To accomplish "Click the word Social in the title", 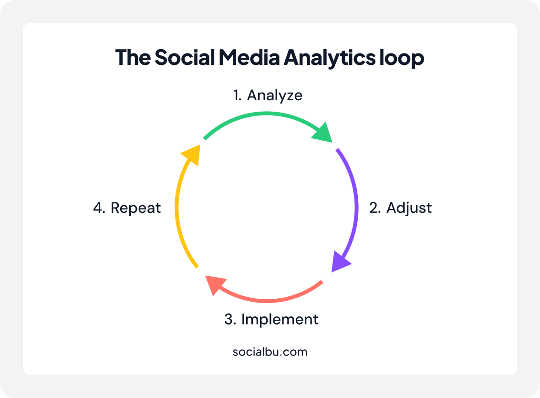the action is coord(185,57).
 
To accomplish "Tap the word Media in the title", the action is coord(249,57).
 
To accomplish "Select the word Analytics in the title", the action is coord(330,58).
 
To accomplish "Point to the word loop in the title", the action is coord(402,58).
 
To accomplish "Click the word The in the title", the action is coord(133,57).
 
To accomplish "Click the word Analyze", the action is coord(275,95).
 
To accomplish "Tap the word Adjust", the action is coord(409,208).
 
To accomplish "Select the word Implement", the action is coord(280,319).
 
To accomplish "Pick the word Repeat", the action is coord(135,208).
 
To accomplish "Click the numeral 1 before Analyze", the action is coord(237,95).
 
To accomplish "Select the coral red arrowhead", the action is coord(214,284).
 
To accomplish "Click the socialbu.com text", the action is coord(270,352).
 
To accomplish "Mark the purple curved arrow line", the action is coord(356,207).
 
